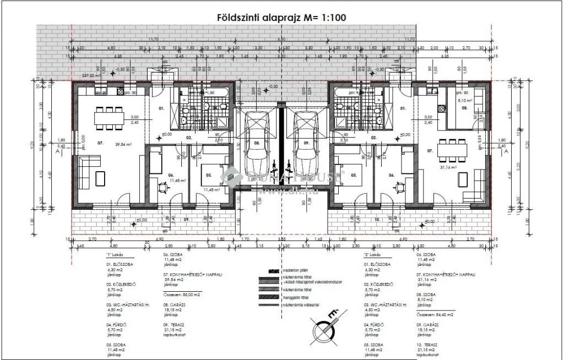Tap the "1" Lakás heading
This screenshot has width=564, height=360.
[115, 255]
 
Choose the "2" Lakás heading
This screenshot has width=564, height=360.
[374, 255]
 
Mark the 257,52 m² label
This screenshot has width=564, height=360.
[93, 76]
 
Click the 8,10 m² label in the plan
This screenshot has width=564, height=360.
[466, 101]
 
